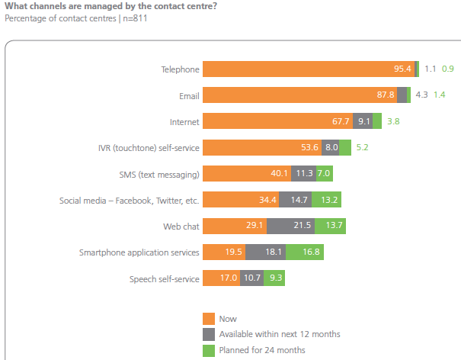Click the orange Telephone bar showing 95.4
309,69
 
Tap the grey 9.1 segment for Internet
363,121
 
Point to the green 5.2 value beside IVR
362,147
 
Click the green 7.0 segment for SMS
324,174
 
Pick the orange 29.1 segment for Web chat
235,227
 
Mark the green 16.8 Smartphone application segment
315,252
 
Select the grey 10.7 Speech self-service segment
251,279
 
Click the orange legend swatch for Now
209,319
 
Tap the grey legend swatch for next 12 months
209,335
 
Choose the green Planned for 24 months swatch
209,351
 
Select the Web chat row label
181,227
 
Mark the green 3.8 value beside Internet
394,121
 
